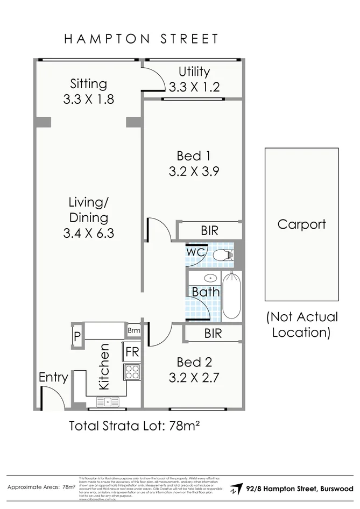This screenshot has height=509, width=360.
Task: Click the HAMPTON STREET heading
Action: [x=142, y=39]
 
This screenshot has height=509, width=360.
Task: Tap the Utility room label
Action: [x=194, y=72]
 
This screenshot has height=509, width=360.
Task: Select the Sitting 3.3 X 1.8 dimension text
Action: [x=88, y=100]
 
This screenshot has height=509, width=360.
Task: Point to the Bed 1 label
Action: [x=193, y=156]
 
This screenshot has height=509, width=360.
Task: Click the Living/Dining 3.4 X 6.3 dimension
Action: [x=88, y=234]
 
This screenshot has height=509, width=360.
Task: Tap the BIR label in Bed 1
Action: [x=210, y=231]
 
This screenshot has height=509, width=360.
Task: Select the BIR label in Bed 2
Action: [x=213, y=334]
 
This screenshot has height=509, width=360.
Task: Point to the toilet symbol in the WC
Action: [x=222, y=255]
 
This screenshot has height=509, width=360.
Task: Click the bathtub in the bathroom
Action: [x=231, y=296]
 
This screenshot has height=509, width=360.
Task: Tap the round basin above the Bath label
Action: [x=210, y=279]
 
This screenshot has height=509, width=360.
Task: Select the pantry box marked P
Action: [x=77, y=337]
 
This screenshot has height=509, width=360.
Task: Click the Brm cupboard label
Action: [x=133, y=330]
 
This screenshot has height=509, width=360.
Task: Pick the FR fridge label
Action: [x=132, y=352]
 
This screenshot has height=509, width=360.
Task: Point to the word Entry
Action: [x=53, y=378]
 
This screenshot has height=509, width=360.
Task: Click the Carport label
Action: [x=301, y=224]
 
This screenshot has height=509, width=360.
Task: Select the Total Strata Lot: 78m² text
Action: [x=135, y=426]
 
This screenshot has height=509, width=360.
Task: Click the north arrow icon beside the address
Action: [x=235, y=489]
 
